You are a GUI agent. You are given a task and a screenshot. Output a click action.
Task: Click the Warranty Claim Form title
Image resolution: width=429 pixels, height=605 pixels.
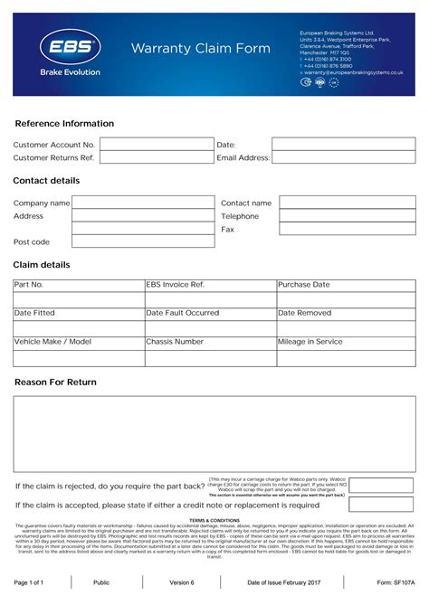[200, 48]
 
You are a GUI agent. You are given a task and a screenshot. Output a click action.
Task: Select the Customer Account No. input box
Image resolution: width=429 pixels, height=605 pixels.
[156, 144]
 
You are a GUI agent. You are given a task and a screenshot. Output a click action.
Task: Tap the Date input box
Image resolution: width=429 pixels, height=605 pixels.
[343, 144]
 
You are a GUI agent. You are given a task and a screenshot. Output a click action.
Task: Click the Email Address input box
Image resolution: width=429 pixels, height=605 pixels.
[343, 157]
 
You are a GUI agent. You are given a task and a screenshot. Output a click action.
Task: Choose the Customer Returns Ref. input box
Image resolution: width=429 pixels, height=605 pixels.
[156, 157]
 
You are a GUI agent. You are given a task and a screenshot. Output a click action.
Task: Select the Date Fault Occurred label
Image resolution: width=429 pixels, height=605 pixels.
[182, 313]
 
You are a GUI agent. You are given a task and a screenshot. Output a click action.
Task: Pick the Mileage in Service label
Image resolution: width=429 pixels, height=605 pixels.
[310, 342]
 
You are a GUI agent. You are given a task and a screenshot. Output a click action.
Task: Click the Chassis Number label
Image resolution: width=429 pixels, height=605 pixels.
[175, 342]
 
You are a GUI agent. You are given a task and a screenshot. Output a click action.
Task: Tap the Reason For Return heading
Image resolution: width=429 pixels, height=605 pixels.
[55, 383]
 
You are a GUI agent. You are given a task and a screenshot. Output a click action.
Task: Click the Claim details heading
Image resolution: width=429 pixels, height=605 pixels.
[42, 265]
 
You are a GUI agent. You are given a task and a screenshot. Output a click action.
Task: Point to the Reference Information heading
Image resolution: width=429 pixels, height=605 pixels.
[64, 124]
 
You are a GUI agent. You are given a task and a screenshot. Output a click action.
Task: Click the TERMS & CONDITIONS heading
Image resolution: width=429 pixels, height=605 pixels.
[214, 521]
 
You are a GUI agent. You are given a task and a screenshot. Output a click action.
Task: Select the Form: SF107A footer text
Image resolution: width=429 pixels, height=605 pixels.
[395, 582]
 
